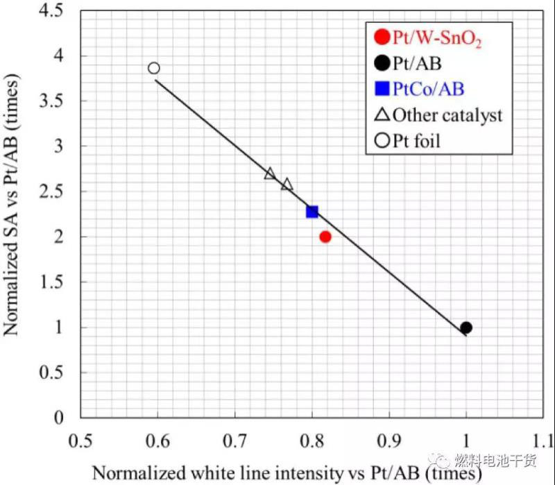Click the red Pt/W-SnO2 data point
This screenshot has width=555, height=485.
[x=325, y=237]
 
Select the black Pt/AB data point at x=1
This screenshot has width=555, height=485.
[x=466, y=327]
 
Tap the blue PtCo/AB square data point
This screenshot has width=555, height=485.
[x=312, y=212]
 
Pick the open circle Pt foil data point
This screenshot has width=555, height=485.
[x=154, y=68]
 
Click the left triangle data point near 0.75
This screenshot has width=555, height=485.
[x=271, y=173]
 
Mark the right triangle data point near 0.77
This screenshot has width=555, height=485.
[x=287, y=185]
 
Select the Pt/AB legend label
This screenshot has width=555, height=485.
[x=417, y=64]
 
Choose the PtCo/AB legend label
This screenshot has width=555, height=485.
[x=428, y=89]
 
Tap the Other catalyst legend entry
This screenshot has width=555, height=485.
[x=447, y=115]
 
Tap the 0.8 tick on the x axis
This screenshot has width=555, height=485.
[x=311, y=441]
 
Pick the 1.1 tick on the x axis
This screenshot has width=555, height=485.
[x=542, y=441]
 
